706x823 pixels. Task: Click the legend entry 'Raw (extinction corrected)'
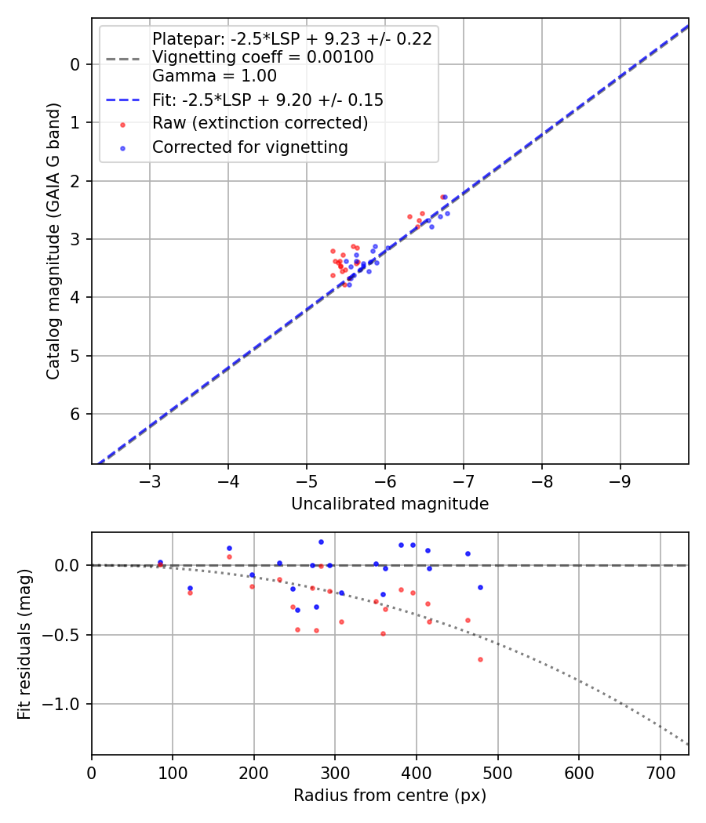pyautogui.click(x=260, y=123)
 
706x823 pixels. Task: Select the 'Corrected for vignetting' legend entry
pyautogui.click(x=250, y=147)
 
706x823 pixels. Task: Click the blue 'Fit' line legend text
pyautogui.click(x=267, y=100)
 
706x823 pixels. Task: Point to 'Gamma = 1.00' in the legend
pyautogui.click(x=214, y=76)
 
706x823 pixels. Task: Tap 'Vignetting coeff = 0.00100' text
pyautogui.click(x=263, y=57)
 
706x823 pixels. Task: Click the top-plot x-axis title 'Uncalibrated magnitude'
pyautogui.click(x=390, y=504)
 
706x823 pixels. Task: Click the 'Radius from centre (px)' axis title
pyautogui.click(x=390, y=796)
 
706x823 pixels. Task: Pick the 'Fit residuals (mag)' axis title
pyautogui.click(x=24, y=644)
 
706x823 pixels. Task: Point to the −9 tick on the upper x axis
pyautogui.click(x=620, y=480)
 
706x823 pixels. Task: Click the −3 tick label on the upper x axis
pyautogui.click(x=150, y=480)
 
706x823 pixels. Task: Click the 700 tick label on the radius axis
pyautogui.click(x=660, y=772)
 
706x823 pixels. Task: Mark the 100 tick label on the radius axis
pyautogui.click(x=173, y=772)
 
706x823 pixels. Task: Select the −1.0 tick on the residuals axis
pyautogui.click(x=67, y=704)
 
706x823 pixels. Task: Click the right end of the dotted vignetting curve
pyautogui.click(x=688, y=744)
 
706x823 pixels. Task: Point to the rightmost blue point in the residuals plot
pyautogui.click(x=480, y=587)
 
